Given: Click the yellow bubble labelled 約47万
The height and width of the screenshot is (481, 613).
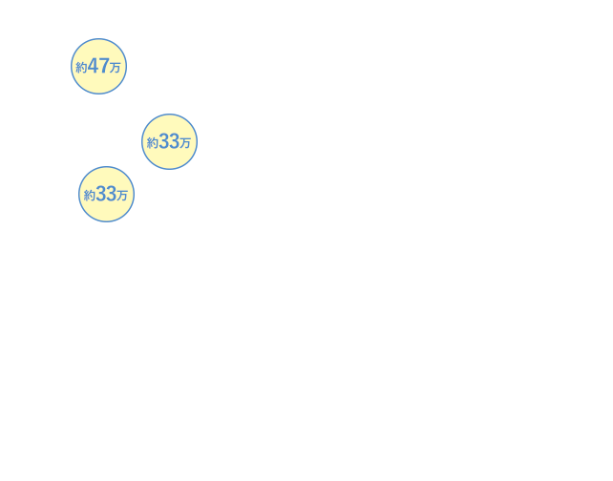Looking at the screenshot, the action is [99, 67].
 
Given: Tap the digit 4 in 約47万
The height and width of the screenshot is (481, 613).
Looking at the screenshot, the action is [93, 66].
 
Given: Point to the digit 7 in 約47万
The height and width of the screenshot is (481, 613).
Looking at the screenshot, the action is [104, 66].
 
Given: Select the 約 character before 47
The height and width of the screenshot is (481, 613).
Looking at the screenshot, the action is [81, 68].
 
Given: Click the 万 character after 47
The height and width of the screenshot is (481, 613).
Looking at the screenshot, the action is [115, 68].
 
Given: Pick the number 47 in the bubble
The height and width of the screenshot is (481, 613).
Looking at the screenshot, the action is [98, 66].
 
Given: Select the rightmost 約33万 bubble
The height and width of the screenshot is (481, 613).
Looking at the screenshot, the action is [169, 142].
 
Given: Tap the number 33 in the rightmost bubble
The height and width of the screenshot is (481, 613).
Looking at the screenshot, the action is [169, 141].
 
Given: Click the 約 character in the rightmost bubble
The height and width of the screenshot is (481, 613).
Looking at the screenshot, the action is [152, 143].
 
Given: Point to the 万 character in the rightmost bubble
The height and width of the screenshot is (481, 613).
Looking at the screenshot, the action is [185, 143].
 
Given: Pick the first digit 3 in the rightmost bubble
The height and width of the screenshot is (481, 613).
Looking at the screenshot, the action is [164, 141].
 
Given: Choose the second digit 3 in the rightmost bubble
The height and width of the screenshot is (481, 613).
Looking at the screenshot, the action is [175, 141].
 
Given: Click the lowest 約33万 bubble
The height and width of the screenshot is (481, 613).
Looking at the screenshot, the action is [106, 194].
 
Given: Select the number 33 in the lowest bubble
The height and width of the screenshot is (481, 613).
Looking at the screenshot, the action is [106, 194].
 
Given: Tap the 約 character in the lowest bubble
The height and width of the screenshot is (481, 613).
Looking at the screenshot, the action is [89, 196].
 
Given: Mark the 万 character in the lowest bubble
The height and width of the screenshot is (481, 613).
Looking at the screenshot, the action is [122, 196].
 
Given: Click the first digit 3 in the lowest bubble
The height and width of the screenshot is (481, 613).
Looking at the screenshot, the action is [101, 194].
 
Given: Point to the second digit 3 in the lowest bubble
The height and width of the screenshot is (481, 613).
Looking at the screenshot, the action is [112, 194].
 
